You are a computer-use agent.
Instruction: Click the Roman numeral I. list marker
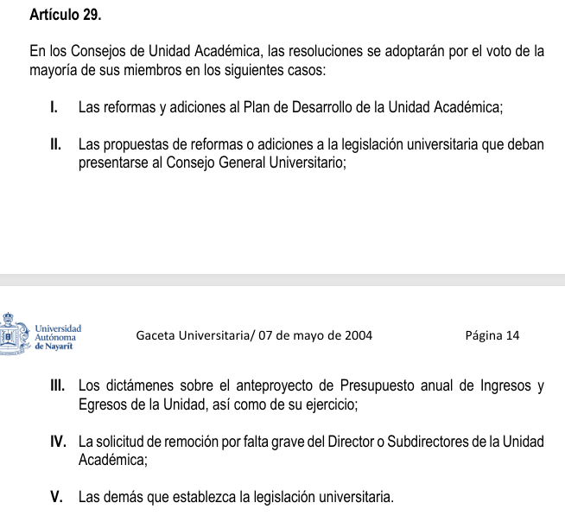click(54, 109)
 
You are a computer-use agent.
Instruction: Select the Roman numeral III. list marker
click(61, 386)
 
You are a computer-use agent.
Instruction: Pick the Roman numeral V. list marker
click(58, 498)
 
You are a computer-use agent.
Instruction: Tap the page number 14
click(513, 335)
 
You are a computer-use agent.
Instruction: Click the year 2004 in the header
click(359, 335)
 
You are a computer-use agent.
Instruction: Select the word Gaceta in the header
click(156, 335)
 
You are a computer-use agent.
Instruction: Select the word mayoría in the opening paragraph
click(54, 70)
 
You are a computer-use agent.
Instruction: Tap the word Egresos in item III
click(101, 404)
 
